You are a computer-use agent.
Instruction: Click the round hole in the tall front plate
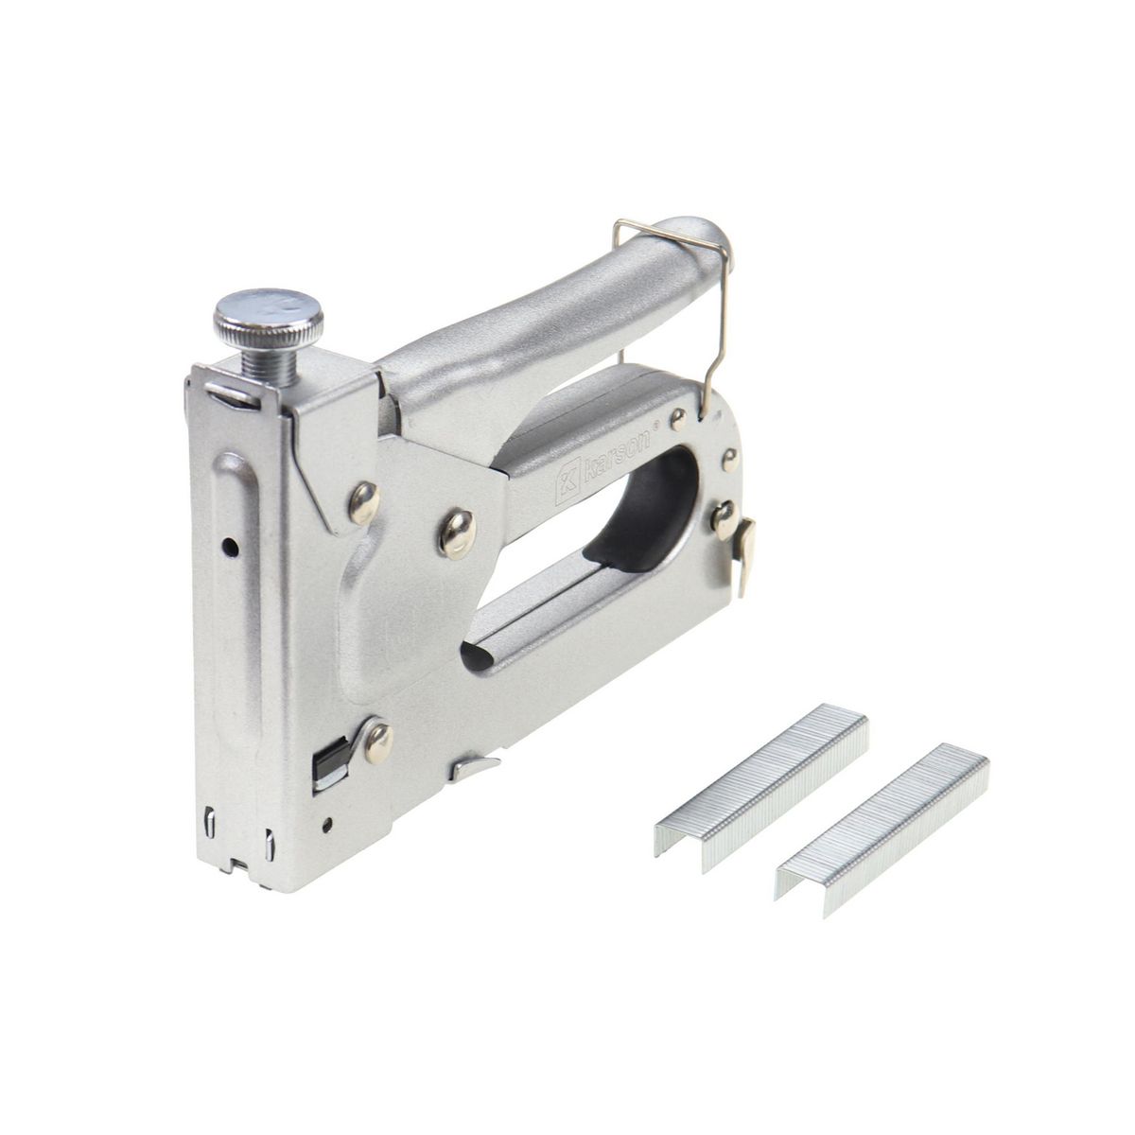[x=230, y=548]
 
